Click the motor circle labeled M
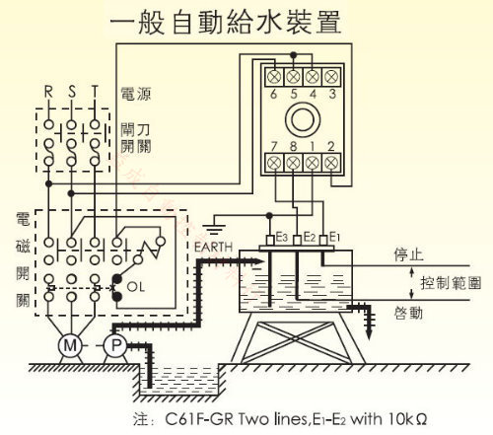coord(70,345)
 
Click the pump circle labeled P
coord(115,345)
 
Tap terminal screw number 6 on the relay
coord(273,77)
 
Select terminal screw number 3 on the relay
coord(331,77)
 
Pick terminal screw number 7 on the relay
coord(274,163)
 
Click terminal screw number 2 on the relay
coord(331,163)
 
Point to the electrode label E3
coord(282,237)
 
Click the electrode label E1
coord(334,237)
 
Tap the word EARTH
coord(213,247)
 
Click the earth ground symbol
coord(214,229)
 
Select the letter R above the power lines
coord(48,92)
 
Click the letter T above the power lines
coord(95,92)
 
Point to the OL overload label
coord(136,287)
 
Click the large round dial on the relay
coord(303,119)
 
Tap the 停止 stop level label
coord(408,254)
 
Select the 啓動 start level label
coord(408,313)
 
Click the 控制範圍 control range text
coord(451,283)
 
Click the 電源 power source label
coord(136,94)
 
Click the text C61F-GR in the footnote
coord(199,419)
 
